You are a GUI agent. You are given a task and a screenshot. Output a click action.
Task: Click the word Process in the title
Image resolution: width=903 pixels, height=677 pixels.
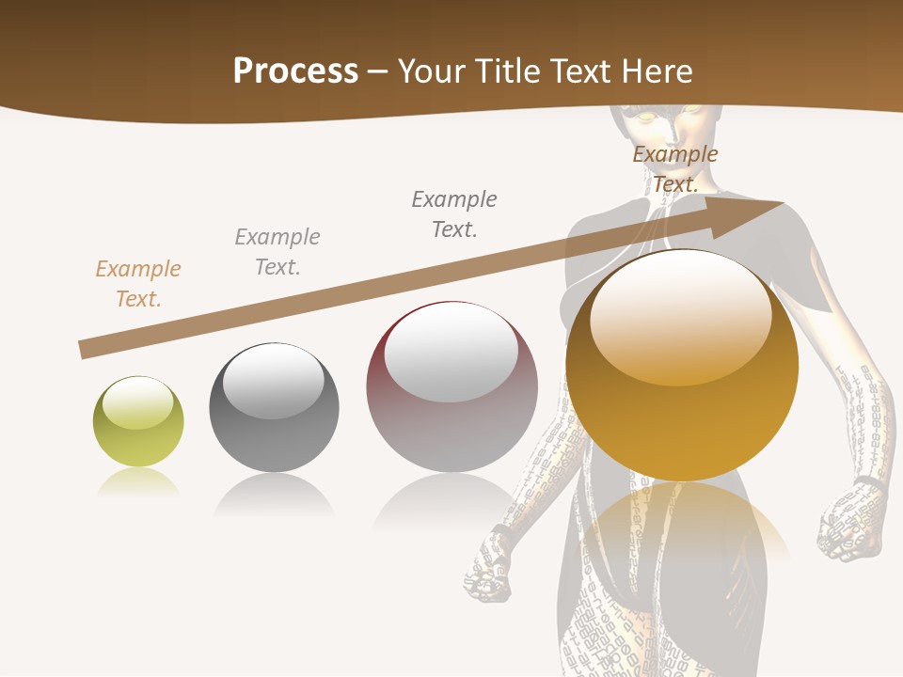pos(295,71)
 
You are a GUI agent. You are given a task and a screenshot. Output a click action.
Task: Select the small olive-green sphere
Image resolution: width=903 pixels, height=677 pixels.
pos(138,421)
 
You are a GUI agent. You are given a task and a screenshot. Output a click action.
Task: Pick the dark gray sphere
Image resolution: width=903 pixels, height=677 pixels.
pos(274,408)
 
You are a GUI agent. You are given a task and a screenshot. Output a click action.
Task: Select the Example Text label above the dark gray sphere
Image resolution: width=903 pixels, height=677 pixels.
pos(277,252)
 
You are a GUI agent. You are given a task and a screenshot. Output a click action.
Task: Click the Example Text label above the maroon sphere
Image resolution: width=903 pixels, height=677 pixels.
pos(454,214)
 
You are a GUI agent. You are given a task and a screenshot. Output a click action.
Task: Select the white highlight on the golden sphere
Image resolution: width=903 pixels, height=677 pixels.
pos(680,318)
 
